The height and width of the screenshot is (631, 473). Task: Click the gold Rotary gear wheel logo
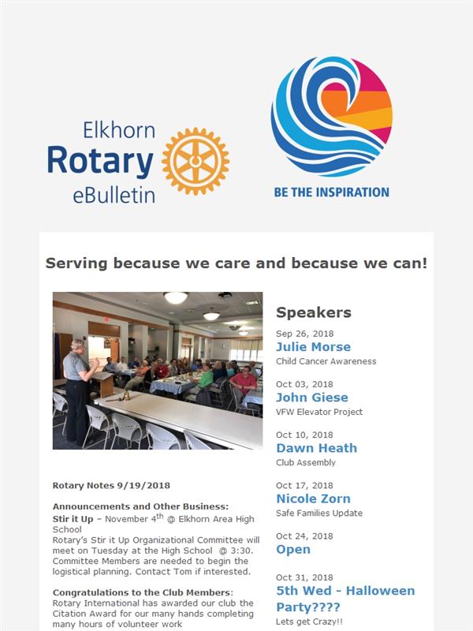coord(196,162)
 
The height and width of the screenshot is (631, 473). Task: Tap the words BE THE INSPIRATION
coord(331,192)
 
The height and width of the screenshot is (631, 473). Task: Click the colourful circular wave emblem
coord(331,116)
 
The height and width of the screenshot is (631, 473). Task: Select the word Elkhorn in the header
coord(119,130)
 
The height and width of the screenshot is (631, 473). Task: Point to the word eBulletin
coord(114,196)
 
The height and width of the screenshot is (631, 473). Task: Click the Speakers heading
coord(314,312)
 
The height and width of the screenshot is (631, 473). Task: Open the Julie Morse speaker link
coord(313,347)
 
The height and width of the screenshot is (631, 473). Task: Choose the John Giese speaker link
coord(312,398)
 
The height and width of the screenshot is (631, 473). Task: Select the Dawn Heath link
coord(317,448)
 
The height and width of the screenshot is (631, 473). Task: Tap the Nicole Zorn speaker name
coord(313,498)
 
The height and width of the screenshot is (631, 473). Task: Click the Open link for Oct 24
coord(293,550)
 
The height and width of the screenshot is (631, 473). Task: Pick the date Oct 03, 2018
coord(304,384)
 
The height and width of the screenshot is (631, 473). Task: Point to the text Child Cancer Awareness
coord(326,361)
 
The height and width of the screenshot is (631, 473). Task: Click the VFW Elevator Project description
coord(319,412)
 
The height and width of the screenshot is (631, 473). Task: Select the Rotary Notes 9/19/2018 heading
coord(111,486)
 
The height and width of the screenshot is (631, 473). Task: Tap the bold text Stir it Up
coord(73,519)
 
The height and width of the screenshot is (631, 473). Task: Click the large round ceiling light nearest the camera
coord(176,297)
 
